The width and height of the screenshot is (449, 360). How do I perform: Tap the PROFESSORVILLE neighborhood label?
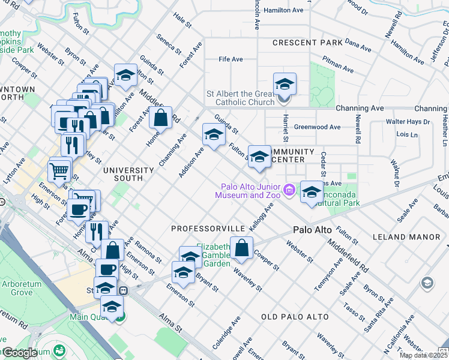click(208, 229)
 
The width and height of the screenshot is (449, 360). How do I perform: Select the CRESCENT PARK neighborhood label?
click(307, 43)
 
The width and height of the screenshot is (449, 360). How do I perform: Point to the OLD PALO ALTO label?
click(295, 317)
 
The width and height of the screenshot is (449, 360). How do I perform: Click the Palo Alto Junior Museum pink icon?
click(289, 190)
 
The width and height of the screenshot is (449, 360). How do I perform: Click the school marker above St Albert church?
click(285, 83)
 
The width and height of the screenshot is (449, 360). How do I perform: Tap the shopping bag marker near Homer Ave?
click(160, 118)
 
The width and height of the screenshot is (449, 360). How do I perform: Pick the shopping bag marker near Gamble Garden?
click(241, 248)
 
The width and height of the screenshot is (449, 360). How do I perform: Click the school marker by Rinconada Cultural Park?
click(312, 192)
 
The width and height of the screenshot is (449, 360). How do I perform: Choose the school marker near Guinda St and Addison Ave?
click(213, 134)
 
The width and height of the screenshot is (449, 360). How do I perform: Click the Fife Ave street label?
click(231, 59)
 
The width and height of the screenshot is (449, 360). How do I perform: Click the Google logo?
click(20, 353)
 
